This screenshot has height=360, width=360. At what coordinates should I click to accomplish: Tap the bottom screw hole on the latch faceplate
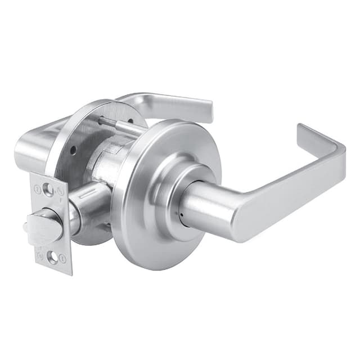(x=52, y=258)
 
